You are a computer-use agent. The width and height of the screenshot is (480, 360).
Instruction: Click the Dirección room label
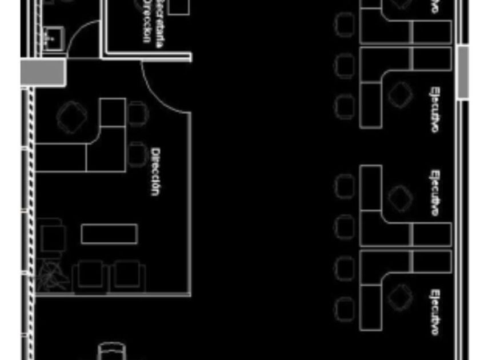pyautogui.click(x=154, y=171)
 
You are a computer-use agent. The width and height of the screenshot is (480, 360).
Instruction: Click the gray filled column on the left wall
pyautogui.click(x=43, y=73)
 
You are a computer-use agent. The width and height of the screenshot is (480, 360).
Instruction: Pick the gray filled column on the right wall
pyautogui.click(x=463, y=72)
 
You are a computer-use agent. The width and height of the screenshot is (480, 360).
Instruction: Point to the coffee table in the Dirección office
pyautogui.click(x=109, y=234)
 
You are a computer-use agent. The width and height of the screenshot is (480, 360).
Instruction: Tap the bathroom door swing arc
pyautogui.click(x=80, y=37)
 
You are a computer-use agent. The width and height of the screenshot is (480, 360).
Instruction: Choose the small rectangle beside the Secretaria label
pyautogui.click(x=178, y=7)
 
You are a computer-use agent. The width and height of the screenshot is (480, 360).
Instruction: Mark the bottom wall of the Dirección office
pyautogui.click(x=114, y=295)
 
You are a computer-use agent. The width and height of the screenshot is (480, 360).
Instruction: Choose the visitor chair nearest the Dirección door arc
pyautogui.click(x=137, y=113)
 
